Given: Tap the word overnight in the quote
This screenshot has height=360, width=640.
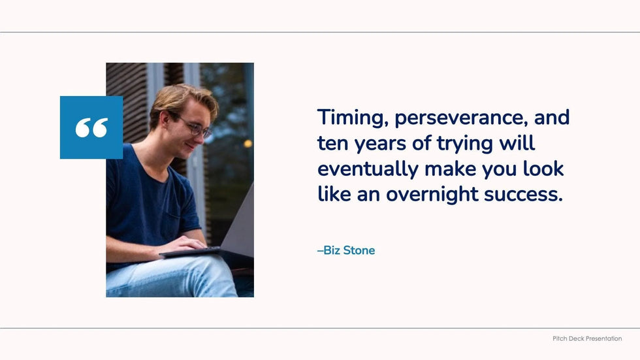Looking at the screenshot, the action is pos(432,194).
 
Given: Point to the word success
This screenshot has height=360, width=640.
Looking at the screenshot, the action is pos(524,195).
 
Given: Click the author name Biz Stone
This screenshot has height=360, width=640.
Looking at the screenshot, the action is pos(346,250).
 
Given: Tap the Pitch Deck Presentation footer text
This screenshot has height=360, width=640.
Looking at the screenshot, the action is pos(587,338).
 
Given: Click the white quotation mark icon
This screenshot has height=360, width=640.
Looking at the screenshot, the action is pos(91,128).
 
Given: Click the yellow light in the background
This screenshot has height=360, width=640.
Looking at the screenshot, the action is pos(248,143).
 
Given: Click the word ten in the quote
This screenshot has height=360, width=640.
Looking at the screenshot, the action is pos(332,144).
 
